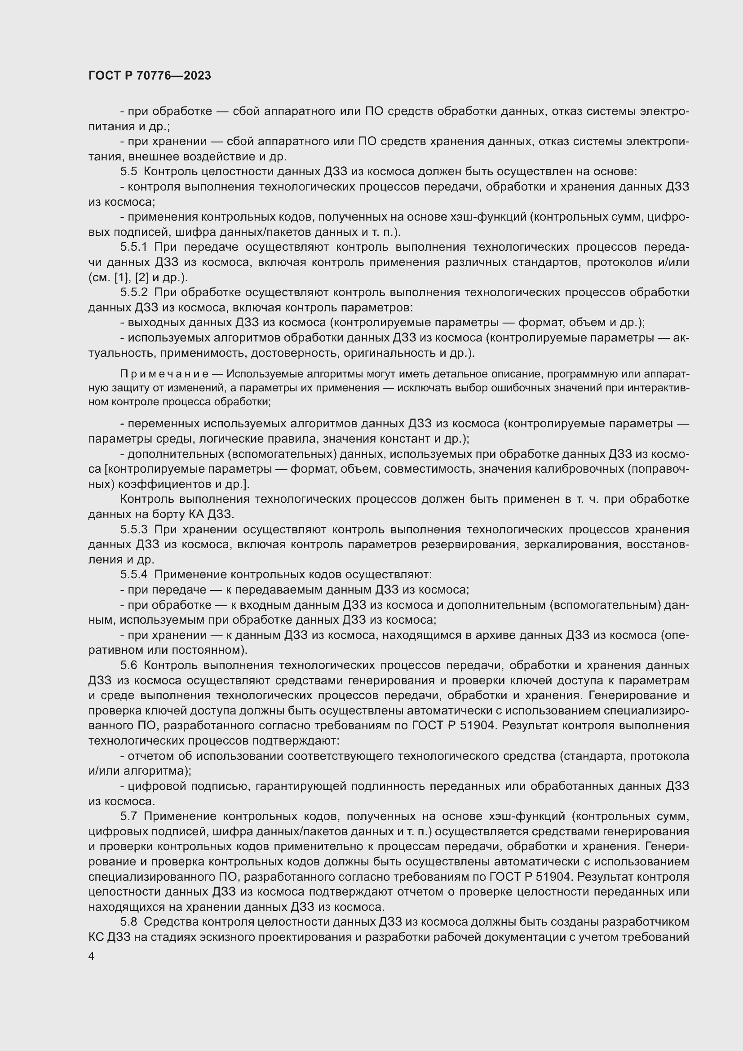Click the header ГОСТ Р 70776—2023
pos(150,75)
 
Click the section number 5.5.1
pos(133,247)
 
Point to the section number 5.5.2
pos(133,293)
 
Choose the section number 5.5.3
pos(133,530)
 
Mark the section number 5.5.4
pos(133,575)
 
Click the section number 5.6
pos(128,665)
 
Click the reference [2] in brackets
pos(142,277)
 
